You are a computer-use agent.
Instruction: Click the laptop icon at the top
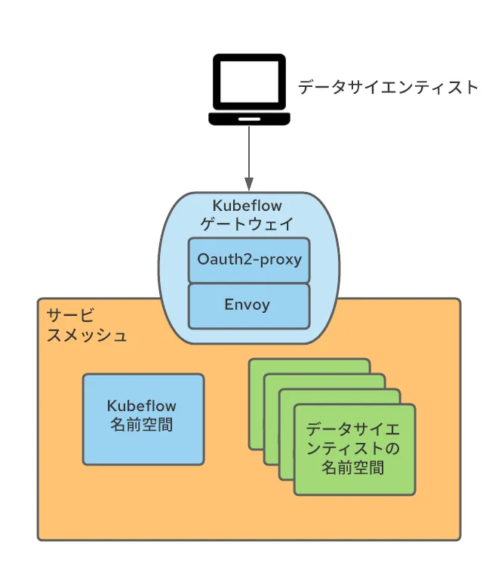pos(249,89)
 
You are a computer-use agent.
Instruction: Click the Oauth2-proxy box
pos(249,260)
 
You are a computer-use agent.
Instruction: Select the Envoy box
pos(249,305)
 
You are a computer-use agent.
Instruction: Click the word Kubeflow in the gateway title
pos(249,206)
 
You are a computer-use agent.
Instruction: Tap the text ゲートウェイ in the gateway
pos(249,224)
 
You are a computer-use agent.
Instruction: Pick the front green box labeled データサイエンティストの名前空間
pos(355,449)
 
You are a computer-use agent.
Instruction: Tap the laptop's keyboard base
pos(249,119)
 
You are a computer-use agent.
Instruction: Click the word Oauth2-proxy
pos(249,260)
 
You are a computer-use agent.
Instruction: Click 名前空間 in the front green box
pos(353,468)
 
